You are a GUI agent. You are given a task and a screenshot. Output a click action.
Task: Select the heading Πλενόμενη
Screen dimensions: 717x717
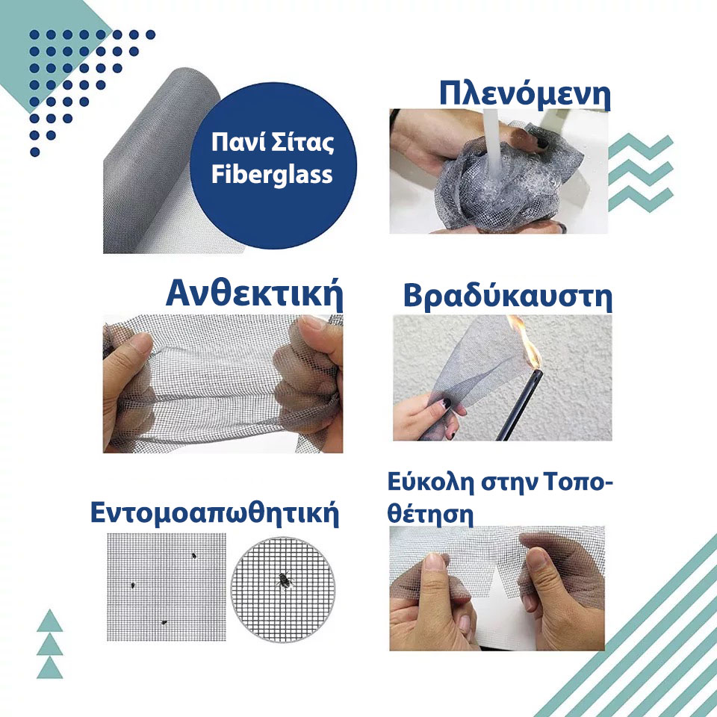524,95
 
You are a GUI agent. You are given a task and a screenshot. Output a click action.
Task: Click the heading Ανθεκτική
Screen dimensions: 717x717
254,294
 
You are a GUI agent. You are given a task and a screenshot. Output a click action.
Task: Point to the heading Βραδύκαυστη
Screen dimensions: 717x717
508,297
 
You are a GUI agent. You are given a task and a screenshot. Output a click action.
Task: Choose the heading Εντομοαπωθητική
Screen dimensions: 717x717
214,513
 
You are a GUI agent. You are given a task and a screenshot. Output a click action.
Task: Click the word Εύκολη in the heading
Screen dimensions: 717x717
430,482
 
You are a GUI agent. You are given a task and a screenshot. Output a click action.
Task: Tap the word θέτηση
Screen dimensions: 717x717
430,514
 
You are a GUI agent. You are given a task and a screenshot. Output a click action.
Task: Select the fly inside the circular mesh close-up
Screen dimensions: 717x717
285,580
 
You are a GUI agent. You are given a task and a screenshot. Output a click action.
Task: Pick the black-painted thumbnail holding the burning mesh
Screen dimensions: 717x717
445,403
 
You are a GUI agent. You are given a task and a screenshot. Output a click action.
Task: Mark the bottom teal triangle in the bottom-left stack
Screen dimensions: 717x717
49,669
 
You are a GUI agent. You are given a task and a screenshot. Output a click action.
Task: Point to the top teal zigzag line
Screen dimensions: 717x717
640,146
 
